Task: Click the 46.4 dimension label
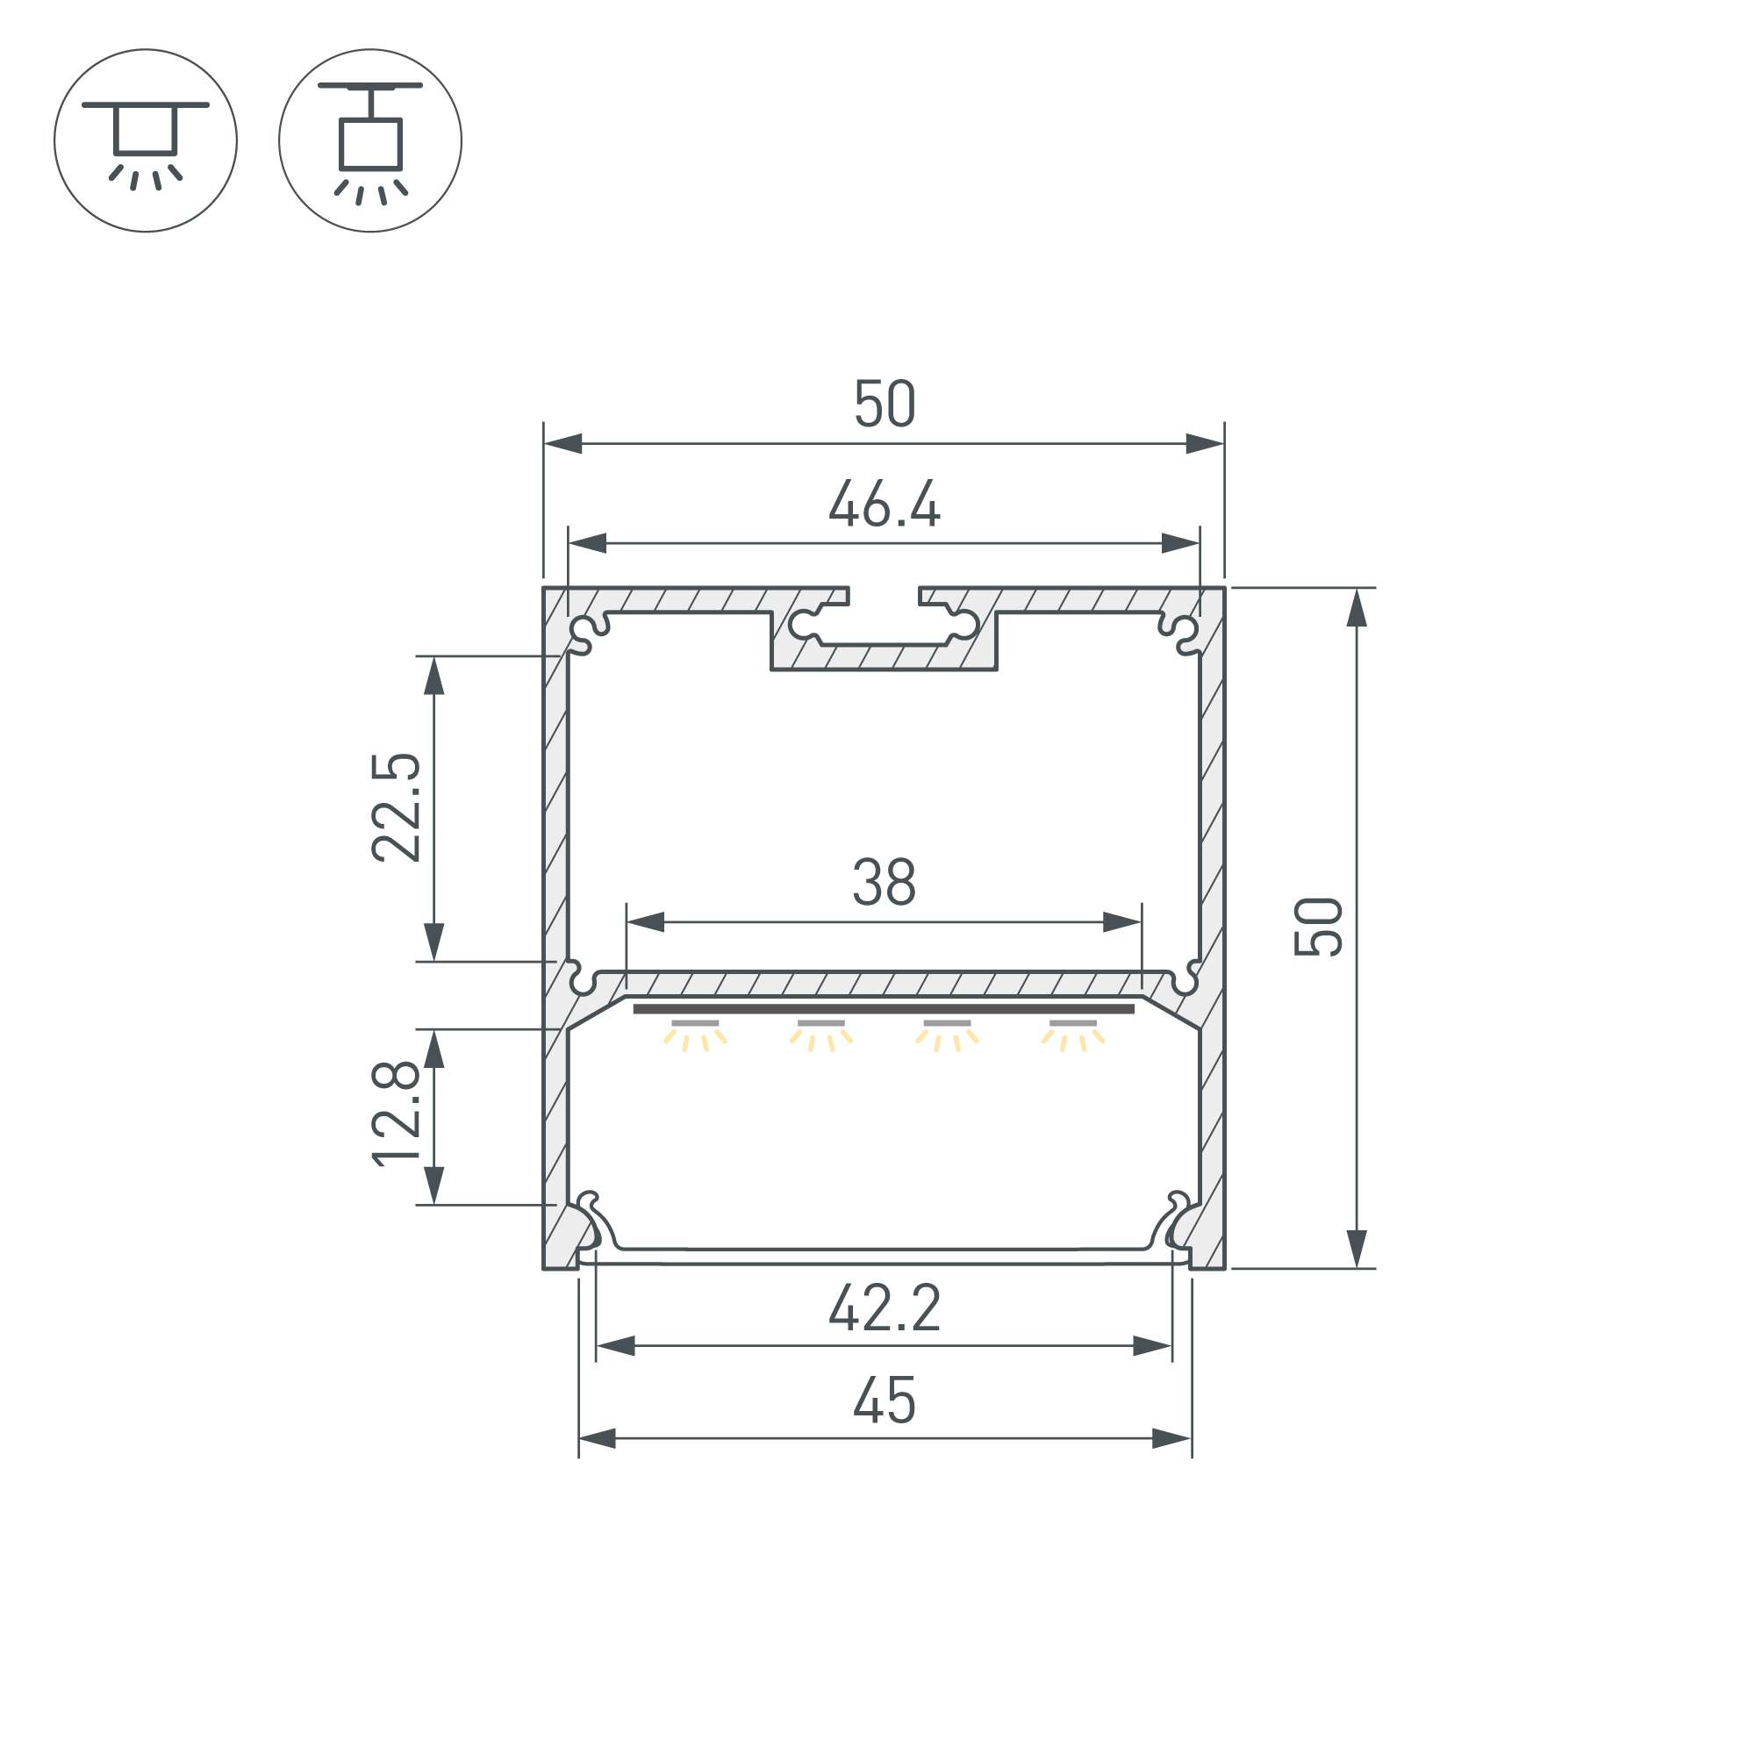click(884, 505)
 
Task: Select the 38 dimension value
click(884, 882)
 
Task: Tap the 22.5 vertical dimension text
click(396, 807)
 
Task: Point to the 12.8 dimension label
click(396, 1114)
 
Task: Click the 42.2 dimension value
click(884, 1309)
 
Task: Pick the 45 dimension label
click(884, 1400)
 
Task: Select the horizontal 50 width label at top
click(884, 405)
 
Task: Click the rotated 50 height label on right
click(1318, 927)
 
